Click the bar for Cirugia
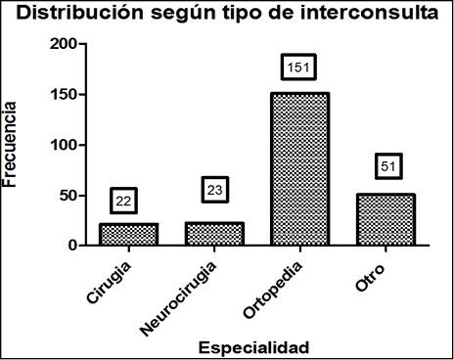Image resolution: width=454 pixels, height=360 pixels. click(127, 234)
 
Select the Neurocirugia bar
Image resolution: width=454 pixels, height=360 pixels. click(213, 234)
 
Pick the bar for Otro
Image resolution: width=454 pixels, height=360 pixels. click(385, 219)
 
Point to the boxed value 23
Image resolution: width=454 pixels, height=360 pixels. click(215, 189)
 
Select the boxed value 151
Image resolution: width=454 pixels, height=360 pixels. click(298, 67)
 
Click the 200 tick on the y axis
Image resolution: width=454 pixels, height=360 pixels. click(61, 45)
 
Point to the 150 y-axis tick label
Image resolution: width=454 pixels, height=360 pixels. click(61, 95)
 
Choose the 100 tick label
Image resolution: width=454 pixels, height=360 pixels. click(61, 145)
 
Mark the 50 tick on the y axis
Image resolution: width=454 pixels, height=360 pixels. click(65, 195)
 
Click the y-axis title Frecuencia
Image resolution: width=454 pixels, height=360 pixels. click(14, 147)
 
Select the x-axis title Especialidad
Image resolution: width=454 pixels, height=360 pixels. click(253, 346)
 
